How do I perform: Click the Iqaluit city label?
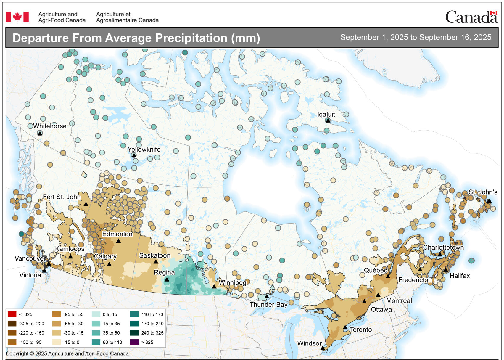[x=326, y=114]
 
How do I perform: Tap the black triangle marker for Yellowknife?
[x=134, y=155]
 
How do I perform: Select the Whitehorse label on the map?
[x=49, y=126]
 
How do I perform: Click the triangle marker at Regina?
[x=167, y=279]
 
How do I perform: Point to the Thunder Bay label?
[x=268, y=304]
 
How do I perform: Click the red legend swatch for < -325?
[x=12, y=314]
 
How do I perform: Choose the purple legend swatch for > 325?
[x=134, y=342]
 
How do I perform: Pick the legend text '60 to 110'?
[x=112, y=342]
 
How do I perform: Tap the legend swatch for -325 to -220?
[x=12, y=324]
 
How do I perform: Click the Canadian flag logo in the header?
[x=17, y=17]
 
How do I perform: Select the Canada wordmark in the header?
[x=471, y=17]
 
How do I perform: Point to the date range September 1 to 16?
[x=416, y=37]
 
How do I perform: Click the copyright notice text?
[x=67, y=353]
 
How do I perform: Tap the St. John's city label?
[x=483, y=192]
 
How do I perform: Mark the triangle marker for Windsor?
[x=323, y=348]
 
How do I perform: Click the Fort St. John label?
[x=62, y=197]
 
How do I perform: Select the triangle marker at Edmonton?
[x=118, y=241]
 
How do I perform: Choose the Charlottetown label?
[x=443, y=247]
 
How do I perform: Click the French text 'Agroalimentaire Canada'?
[x=127, y=20]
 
